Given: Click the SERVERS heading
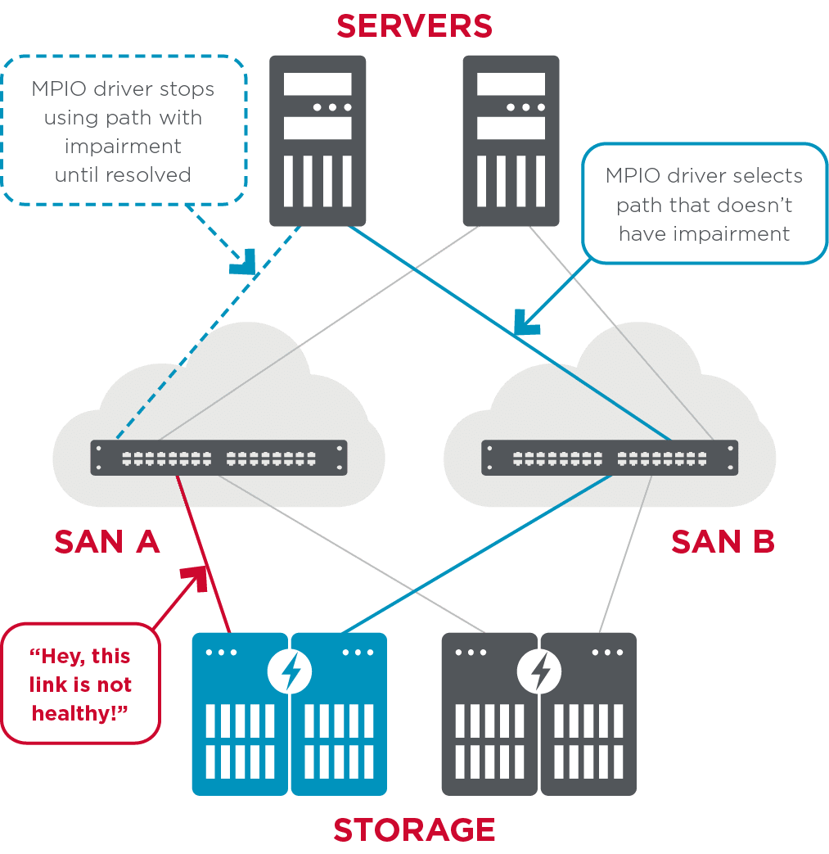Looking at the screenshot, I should point(414,25).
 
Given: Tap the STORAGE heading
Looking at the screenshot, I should point(414,829).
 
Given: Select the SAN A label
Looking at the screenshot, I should point(106,541).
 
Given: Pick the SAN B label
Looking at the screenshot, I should point(723,541).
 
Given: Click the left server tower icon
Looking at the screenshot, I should point(318,140).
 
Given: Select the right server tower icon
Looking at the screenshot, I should point(511,140).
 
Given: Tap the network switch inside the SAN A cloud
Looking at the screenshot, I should point(219,458).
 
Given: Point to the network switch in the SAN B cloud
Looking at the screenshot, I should point(610,458).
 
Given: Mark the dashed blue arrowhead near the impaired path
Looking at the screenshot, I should point(245,264).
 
